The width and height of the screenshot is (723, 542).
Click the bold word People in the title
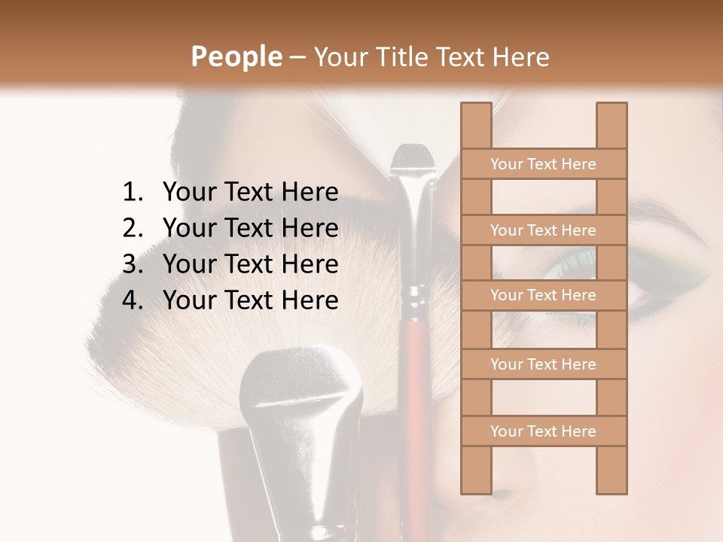pyautogui.click(x=236, y=57)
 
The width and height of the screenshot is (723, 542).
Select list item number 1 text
pyautogui.click(x=250, y=193)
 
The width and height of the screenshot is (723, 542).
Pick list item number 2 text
pyautogui.click(x=250, y=228)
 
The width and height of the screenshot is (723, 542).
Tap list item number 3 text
pyautogui.click(x=250, y=264)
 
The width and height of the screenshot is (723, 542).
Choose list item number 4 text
pyautogui.click(x=250, y=300)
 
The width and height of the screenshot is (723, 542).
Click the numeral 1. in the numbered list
pyautogui.click(x=133, y=193)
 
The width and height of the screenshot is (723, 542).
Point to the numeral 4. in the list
pyautogui.click(x=133, y=300)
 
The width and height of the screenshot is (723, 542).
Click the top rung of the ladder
pyautogui.click(x=543, y=164)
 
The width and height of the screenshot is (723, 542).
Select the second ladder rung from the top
pyautogui.click(x=543, y=230)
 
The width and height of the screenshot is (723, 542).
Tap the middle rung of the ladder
pyautogui.click(x=543, y=295)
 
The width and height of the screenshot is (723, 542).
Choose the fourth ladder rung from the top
pyautogui.click(x=543, y=364)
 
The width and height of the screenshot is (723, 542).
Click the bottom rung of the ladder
pyautogui.click(x=543, y=431)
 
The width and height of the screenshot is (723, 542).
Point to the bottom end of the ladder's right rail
pyautogui.click(x=612, y=489)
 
